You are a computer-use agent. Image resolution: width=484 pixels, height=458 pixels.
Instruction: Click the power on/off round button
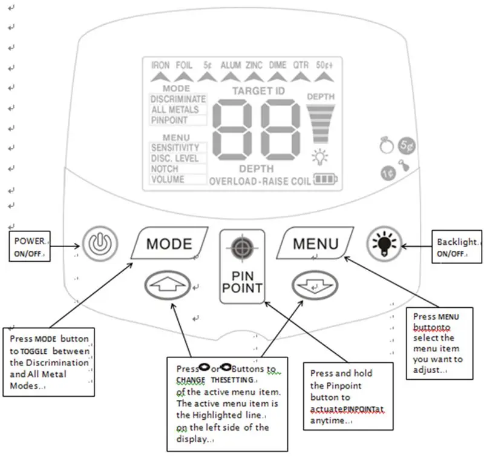pyautogui.click(x=97, y=244)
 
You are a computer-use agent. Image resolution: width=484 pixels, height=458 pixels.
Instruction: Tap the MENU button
pyautogui.click(x=315, y=244)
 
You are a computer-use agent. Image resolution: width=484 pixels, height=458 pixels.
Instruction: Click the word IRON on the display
pyautogui.click(x=160, y=65)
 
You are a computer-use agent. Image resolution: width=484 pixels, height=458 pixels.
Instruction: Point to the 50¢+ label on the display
pyautogui.click(x=325, y=65)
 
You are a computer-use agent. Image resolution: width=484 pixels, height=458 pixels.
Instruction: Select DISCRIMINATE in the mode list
pyautogui.click(x=178, y=99)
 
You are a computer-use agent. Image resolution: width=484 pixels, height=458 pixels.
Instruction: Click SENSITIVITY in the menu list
pyautogui.click(x=175, y=148)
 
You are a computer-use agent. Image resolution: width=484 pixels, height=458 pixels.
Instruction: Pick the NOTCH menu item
pyautogui.click(x=165, y=169)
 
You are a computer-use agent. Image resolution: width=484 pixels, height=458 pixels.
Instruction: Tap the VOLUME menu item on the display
pyautogui.click(x=168, y=180)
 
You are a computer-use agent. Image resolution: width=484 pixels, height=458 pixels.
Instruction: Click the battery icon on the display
pyautogui.click(x=330, y=180)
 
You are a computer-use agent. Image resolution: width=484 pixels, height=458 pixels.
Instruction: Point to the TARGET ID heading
pyautogui.click(x=258, y=91)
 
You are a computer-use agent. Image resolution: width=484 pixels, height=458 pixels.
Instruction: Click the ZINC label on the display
pyautogui.click(x=254, y=65)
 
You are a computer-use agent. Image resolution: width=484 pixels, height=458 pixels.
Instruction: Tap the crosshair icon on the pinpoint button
pyautogui.click(x=242, y=247)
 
